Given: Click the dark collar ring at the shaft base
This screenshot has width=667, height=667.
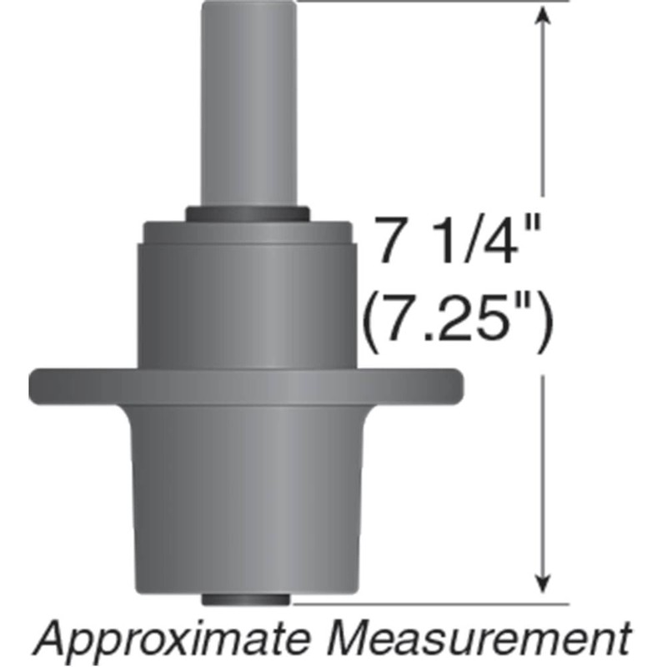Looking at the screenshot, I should coord(248,214).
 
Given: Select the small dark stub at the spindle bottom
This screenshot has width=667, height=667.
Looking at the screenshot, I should coord(248,598).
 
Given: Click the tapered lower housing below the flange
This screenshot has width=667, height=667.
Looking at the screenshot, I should coord(248,500).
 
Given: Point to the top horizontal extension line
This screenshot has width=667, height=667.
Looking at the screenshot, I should coord(434,2).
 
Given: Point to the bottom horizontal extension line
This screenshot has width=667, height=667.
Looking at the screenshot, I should coord(434,602).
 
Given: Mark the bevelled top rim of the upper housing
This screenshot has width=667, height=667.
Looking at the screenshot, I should coord(248,232).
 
